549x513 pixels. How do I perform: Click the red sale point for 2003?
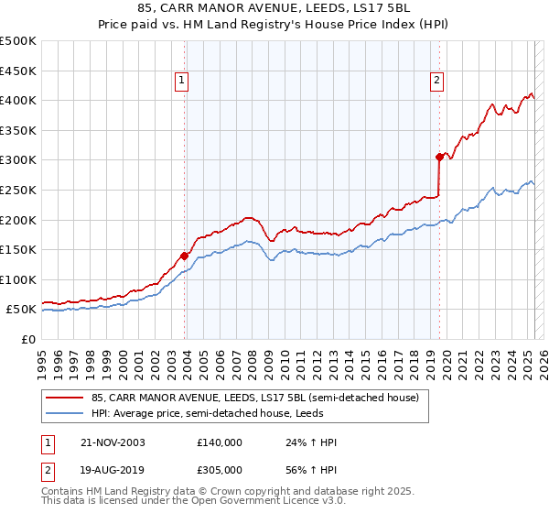coord(185,256)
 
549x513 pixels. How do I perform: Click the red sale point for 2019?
coord(439,157)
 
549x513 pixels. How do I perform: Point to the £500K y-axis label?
coord(18,41)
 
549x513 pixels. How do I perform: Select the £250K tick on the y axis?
coord(18,190)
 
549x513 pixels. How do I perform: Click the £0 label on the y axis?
coord(28,339)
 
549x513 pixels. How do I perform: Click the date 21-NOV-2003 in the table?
coord(113,442)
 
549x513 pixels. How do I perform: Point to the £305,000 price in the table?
coord(220,469)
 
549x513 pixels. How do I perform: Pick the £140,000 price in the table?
coord(220,442)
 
